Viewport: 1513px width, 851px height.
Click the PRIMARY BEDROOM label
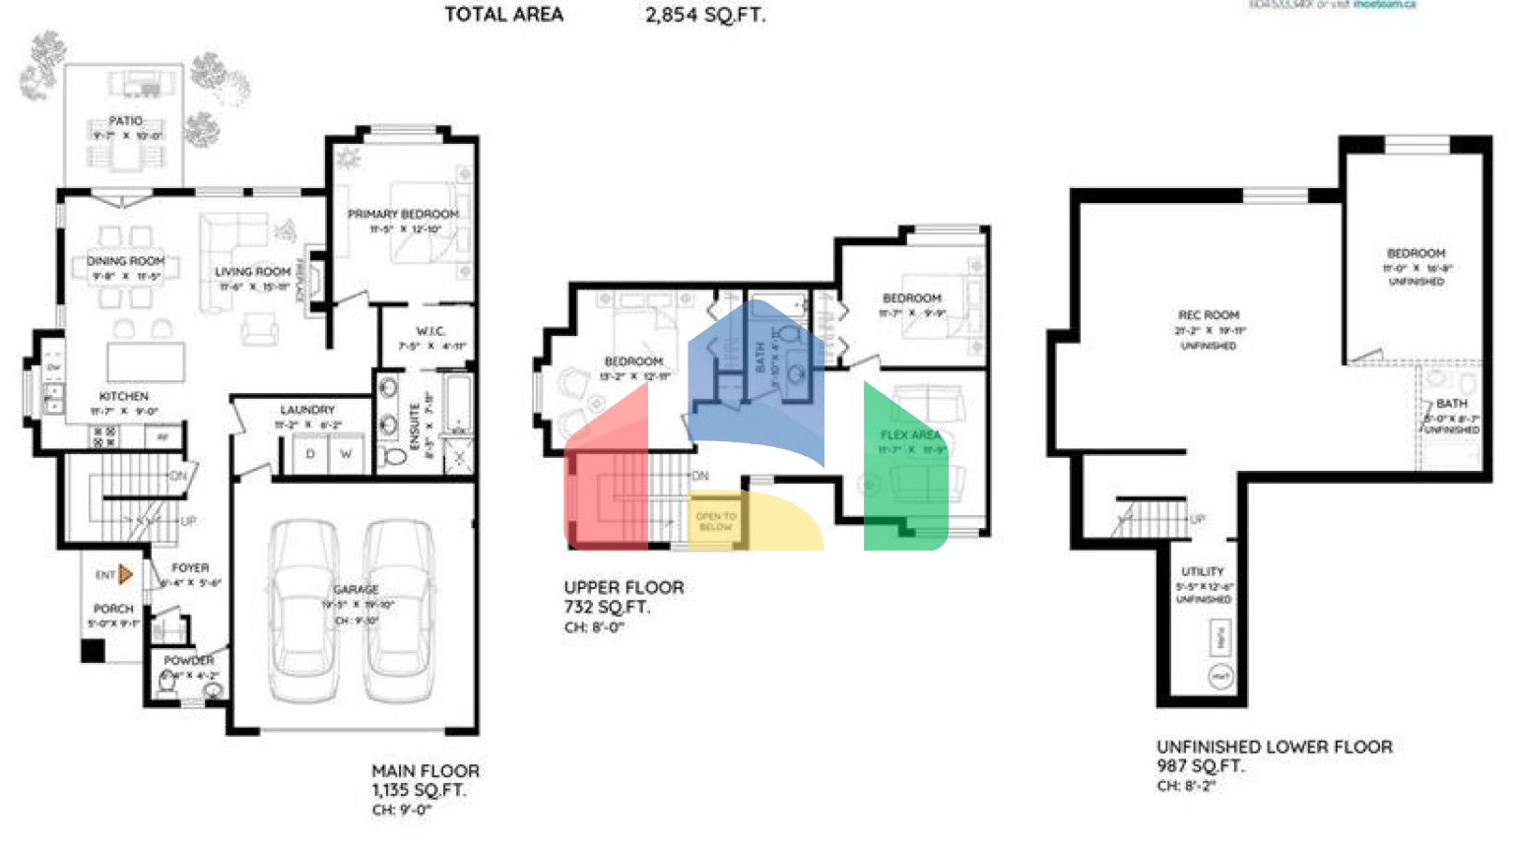click(x=403, y=214)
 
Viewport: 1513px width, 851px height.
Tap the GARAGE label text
click(x=356, y=589)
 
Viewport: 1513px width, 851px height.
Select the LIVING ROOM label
click(x=253, y=272)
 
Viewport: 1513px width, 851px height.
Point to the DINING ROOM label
click(x=126, y=261)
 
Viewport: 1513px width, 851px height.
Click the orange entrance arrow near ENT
click(x=125, y=573)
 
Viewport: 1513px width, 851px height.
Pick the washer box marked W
click(x=346, y=454)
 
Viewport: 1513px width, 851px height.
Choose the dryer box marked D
click(x=310, y=454)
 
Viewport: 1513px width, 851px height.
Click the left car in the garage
click(x=303, y=611)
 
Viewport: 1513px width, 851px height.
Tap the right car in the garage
click(x=399, y=611)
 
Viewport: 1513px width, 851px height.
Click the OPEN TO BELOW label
click(x=716, y=521)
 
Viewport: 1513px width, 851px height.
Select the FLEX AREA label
click(x=910, y=434)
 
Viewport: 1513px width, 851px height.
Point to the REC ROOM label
click(x=1209, y=315)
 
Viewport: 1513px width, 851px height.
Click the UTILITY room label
click(x=1203, y=571)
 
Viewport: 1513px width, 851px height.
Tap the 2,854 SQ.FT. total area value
click(x=705, y=15)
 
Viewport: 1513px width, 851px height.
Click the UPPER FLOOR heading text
click(x=624, y=588)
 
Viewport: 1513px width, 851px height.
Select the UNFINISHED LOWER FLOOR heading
click(x=1275, y=747)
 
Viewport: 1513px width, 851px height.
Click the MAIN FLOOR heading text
click(x=426, y=771)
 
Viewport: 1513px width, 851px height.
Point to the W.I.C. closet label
click(x=431, y=331)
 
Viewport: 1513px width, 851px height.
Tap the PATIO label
click(x=126, y=120)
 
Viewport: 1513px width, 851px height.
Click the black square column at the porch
click(x=93, y=650)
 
